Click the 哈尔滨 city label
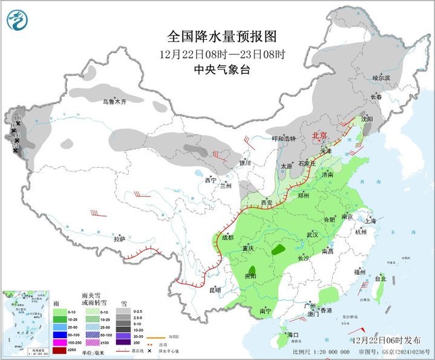[381, 78]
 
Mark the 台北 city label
[380, 279]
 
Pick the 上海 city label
[370, 221]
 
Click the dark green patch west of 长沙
[279, 249]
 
